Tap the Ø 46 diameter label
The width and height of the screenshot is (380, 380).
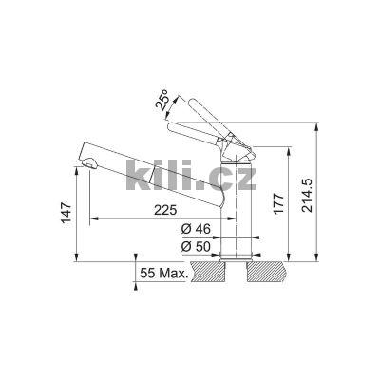197,230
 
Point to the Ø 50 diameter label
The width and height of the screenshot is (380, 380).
197,247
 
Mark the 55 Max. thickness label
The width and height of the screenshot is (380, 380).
163,273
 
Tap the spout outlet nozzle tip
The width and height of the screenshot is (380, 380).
88,167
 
